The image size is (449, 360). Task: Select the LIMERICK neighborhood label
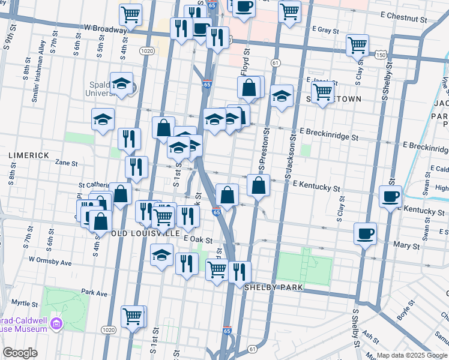[x=29, y=155]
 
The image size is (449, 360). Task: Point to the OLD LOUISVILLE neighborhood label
[x=145, y=233]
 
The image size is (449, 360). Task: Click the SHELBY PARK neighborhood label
[x=273, y=287]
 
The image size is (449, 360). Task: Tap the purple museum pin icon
[x=57, y=324]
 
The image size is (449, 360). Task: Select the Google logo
[x=20, y=353]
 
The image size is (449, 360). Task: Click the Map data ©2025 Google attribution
[x=412, y=355]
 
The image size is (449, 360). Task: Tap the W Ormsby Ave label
[x=50, y=262]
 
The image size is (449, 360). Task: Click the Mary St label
[x=406, y=246]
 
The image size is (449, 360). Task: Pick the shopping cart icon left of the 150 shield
[x=357, y=44]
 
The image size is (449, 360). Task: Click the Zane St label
[x=67, y=163]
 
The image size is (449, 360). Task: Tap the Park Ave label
[x=94, y=293]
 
